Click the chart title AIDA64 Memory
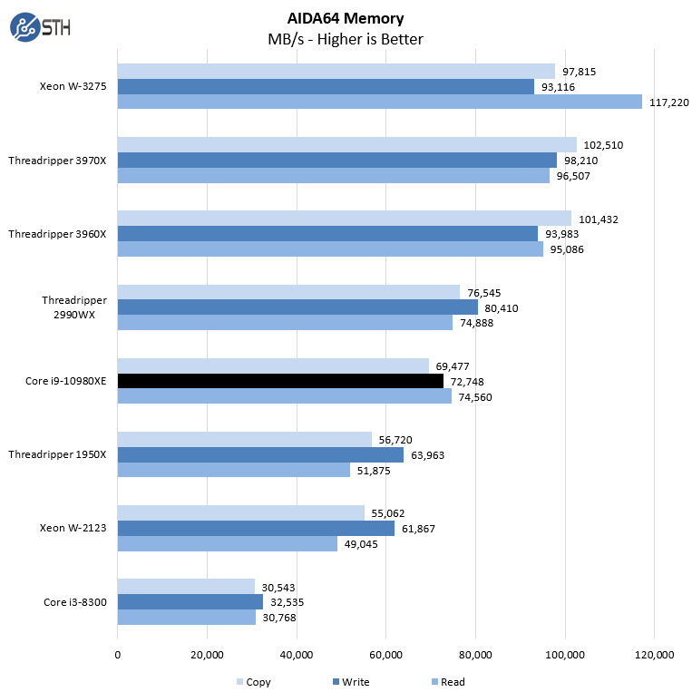coord(346,18)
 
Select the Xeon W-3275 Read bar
coord(379,102)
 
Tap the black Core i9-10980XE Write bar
coord(280,381)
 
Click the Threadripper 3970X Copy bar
coord(346,145)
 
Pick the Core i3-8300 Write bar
coord(190,601)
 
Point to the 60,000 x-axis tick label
coord(386,655)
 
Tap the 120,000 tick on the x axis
coord(655,655)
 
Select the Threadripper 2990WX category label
coord(74,307)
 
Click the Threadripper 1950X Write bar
coord(260,454)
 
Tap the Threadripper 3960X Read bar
coord(330,249)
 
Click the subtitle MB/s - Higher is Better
coord(346,39)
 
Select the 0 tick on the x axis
coord(117,655)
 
